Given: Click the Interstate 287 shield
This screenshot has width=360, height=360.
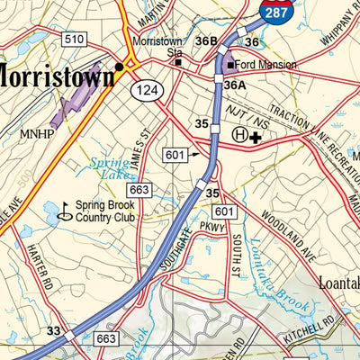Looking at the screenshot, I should pyautogui.click(x=275, y=10).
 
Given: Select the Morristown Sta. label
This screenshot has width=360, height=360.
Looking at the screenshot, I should pyautogui.click(x=157, y=47).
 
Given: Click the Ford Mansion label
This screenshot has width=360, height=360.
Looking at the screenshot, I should pyautogui.click(x=265, y=65).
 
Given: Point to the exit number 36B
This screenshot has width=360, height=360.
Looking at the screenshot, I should pyautogui.click(x=207, y=41).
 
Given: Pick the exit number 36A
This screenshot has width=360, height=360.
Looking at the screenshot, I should pyautogui.click(x=235, y=85).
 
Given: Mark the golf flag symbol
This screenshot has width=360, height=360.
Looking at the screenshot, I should pyautogui.click(x=64, y=211).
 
